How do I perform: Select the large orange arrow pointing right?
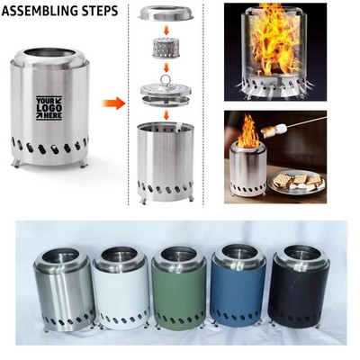[x=112, y=103]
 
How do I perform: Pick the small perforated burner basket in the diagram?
[x=167, y=46]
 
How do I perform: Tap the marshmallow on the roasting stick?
[x=279, y=131]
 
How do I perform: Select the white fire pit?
[x=121, y=286]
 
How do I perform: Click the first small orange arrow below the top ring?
[x=168, y=30]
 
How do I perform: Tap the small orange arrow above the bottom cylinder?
[x=168, y=115]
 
